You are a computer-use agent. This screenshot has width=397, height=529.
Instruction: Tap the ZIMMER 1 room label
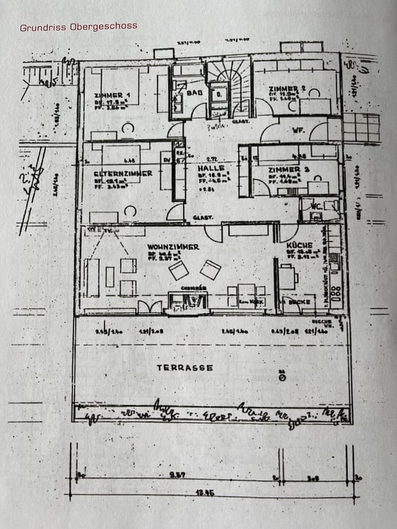click(x=112, y=95)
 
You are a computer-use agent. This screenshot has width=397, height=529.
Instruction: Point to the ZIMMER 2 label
click(x=286, y=88)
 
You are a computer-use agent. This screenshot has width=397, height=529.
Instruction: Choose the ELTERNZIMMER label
click(x=115, y=173)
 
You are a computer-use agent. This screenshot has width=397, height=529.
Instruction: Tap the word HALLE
click(x=211, y=169)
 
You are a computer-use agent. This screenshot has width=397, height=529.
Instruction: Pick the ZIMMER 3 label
click(x=289, y=170)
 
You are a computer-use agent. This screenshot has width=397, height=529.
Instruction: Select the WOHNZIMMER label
click(x=173, y=247)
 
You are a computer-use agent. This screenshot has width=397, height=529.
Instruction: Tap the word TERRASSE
click(x=184, y=367)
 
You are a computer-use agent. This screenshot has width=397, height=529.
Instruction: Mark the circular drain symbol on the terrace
click(x=282, y=377)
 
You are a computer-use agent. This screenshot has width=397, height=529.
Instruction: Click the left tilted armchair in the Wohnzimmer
click(x=179, y=270)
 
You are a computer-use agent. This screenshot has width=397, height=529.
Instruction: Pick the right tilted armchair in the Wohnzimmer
click(x=210, y=269)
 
